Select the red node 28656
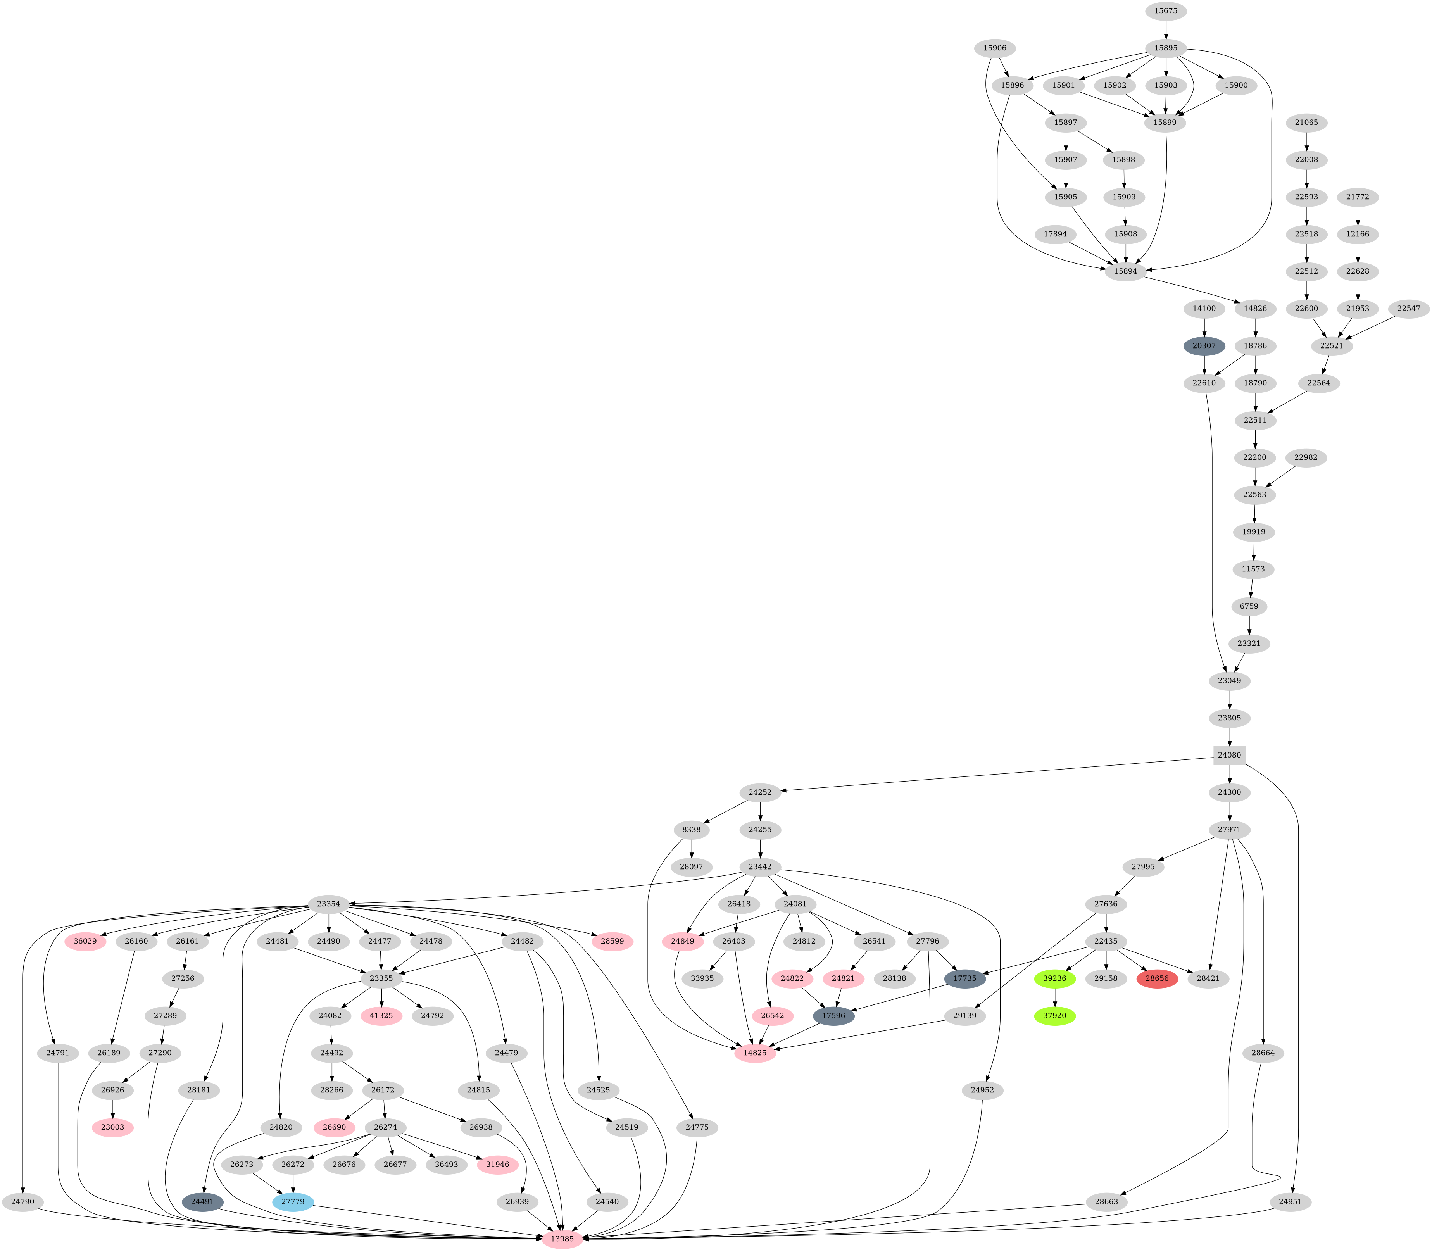pyautogui.click(x=1157, y=979)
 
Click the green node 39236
pyautogui.click(x=1054, y=979)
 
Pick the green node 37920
pyautogui.click(x=1054, y=1016)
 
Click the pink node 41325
pyautogui.click(x=381, y=1016)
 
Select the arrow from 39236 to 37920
pyautogui.click(x=1054, y=997)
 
